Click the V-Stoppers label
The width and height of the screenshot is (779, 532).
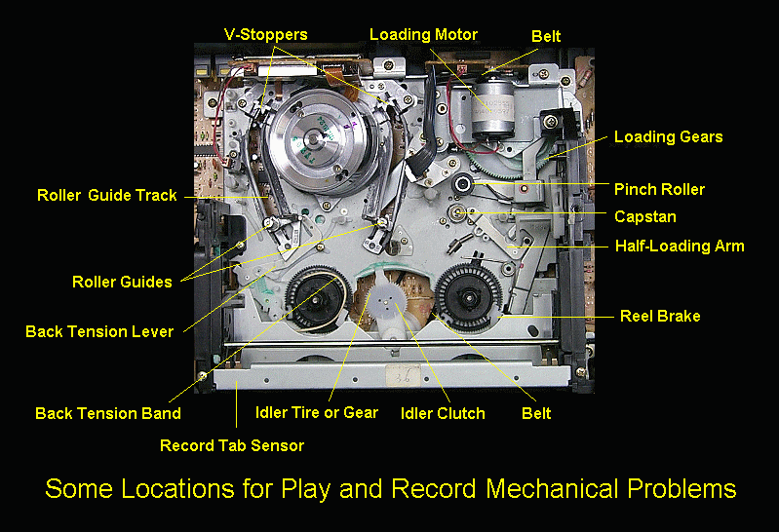pos(265,35)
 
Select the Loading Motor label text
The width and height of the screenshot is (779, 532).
pos(423,35)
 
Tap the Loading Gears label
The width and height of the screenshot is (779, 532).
pos(668,137)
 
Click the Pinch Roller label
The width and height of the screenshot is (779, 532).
pos(659,189)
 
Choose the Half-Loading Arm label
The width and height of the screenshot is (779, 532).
pos(679,246)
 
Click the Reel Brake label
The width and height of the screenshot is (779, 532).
pos(660,316)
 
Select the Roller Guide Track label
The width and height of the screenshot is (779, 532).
pos(107,195)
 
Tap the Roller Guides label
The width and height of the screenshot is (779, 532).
pos(122,283)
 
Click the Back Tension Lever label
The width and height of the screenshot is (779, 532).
pos(99,331)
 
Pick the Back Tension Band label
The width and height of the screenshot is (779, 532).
pos(108,413)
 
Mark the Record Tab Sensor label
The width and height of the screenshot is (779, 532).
pos(232,445)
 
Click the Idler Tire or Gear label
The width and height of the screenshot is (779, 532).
pos(316,412)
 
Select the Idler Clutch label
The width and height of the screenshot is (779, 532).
pos(443,413)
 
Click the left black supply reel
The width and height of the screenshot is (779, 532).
pos(319,289)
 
